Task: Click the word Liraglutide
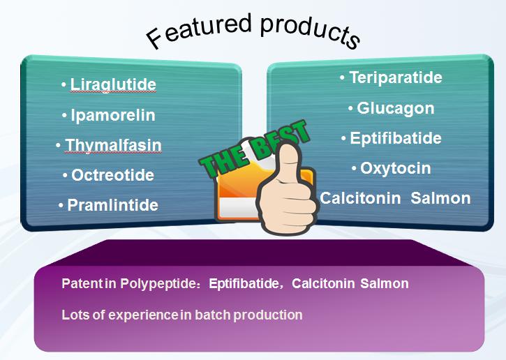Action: pos(113,85)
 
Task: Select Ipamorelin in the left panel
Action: pos(113,116)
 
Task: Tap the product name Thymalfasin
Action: pos(113,146)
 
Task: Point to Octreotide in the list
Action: pos(112,175)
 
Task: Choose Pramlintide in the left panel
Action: pos(112,205)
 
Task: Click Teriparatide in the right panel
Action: pos(396,77)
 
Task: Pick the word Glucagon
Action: pos(396,108)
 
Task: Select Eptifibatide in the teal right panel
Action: pos(396,138)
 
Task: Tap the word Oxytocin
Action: pos(396,169)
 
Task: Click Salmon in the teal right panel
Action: pos(440,198)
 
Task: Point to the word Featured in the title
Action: pos(198,31)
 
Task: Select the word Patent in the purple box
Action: pos(82,283)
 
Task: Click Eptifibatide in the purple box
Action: pos(244,283)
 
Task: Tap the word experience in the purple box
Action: pos(142,315)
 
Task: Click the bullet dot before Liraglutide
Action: pos(64,85)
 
